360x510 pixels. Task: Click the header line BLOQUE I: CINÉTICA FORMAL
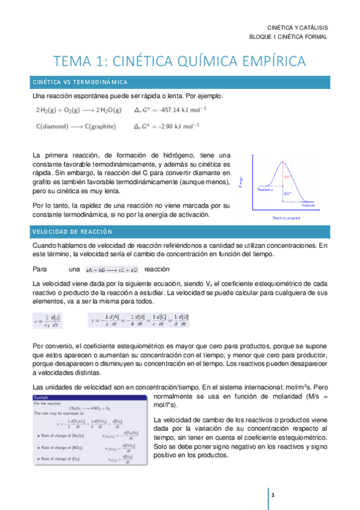288,37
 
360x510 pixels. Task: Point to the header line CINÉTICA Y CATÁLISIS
297,27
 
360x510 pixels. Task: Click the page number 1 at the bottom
273,494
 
